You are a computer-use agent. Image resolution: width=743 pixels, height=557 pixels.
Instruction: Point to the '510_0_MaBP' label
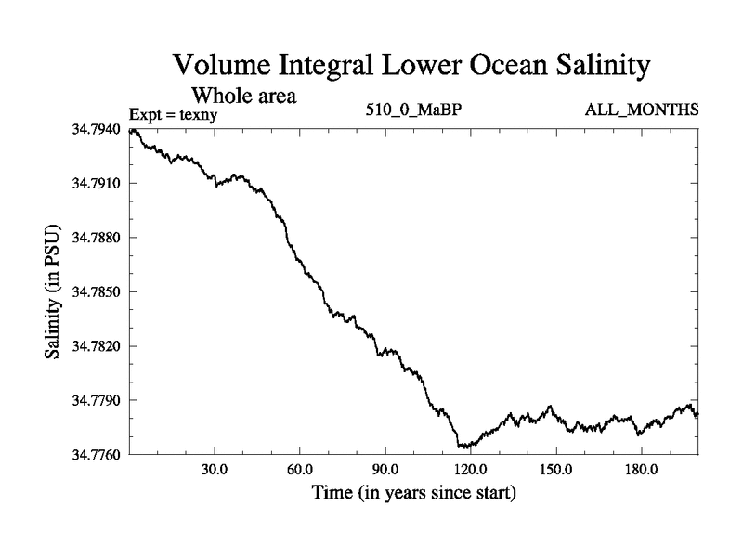(414, 110)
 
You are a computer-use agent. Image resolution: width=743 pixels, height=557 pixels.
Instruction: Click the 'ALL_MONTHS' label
(641, 110)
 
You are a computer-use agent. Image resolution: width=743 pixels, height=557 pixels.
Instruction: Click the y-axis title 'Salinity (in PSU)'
(52, 291)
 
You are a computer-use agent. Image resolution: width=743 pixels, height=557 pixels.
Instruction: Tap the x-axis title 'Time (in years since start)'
(414, 491)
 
